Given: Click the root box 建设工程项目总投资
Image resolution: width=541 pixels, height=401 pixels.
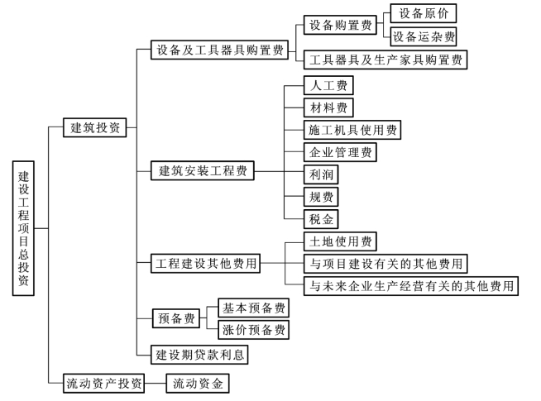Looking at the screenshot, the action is [x=23, y=228].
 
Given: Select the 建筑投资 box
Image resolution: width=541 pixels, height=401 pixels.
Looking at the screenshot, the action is [x=95, y=127].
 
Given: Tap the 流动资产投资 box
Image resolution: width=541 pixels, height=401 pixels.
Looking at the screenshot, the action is [x=104, y=383].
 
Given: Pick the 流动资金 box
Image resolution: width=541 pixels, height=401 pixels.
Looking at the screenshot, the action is [x=198, y=383].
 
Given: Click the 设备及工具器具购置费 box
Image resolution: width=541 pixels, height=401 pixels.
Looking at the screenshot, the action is [x=219, y=50].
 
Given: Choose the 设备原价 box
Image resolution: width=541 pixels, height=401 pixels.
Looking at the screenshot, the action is [x=424, y=13].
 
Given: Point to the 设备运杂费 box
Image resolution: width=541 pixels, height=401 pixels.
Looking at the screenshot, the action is [x=424, y=36].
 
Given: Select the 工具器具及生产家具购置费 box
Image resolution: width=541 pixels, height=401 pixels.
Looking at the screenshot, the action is [x=385, y=60].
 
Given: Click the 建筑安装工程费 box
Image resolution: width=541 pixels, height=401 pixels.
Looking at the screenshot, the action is [x=203, y=170].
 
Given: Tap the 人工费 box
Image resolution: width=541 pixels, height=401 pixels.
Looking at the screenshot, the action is [x=328, y=85].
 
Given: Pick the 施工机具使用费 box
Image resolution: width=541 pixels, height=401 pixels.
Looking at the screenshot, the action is [x=352, y=130].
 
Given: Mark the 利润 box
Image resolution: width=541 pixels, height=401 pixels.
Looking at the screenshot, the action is [x=321, y=174].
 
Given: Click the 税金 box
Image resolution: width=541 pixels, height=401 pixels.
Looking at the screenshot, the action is [x=321, y=219].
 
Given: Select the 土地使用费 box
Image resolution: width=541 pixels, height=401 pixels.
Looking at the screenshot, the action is [x=340, y=241].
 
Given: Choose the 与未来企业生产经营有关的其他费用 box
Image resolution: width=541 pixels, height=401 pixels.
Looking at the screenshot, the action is [x=411, y=286].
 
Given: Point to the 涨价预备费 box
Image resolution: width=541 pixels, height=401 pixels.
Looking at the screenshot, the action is [x=254, y=330].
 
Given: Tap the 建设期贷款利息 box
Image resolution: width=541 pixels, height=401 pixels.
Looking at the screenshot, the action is [x=199, y=355].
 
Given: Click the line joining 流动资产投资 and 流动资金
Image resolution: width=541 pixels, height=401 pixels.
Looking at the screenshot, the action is [x=156, y=383].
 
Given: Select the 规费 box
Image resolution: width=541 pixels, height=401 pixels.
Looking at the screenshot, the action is [x=321, y=197].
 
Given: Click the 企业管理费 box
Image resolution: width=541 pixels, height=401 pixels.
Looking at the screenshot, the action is [x=340, y=152].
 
